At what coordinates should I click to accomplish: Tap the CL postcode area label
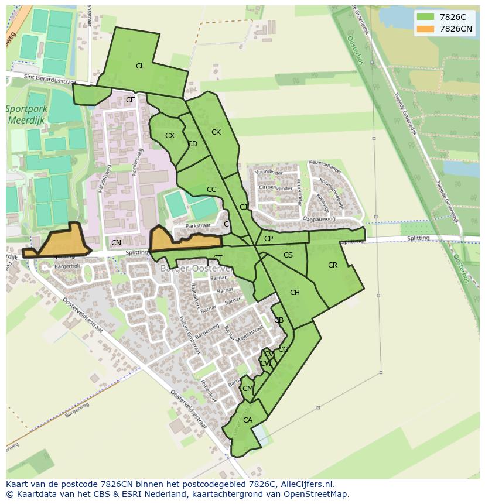click(x=140, y=66)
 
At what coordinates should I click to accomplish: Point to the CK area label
click(x=216, y=132)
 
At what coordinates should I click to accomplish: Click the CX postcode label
click(x=170, y=136)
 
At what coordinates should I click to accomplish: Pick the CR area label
click(x=333, y=265)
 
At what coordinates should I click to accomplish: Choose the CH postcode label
click(x=295, y=293)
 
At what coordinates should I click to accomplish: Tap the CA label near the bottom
click(x=248, y=420)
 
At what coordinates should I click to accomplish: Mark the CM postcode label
click(x=247, y=389)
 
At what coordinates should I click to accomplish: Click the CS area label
click(x=288, y=255)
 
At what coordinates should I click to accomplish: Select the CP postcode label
click(x=268, y=239)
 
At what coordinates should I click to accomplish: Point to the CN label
click(x=116, y=243)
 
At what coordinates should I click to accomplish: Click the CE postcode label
click(x=130, y=100)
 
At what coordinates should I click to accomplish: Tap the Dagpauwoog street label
click(x=319, y=220)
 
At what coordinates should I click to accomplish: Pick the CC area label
click(x=211, y=190)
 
